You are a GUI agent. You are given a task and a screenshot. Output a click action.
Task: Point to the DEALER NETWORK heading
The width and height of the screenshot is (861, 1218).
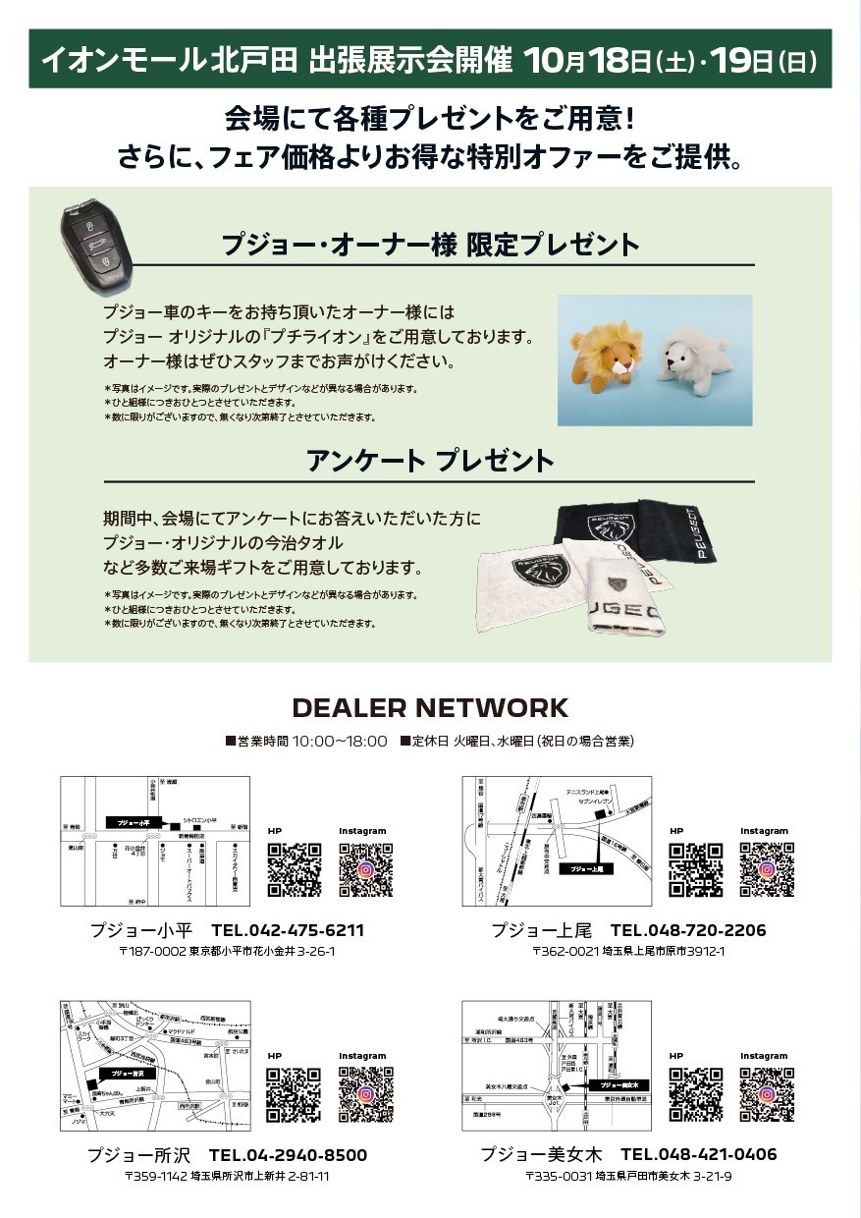430,707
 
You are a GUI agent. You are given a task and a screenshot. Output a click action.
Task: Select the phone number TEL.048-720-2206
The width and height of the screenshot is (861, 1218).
688,930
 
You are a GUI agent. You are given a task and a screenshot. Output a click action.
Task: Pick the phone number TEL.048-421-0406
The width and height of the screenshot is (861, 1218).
698,1154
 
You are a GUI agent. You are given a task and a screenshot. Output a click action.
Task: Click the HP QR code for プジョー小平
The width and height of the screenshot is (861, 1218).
295,870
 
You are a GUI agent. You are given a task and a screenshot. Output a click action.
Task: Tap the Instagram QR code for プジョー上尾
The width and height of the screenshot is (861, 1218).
766,870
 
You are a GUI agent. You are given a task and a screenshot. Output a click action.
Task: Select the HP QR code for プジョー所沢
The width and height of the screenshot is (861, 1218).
295,1094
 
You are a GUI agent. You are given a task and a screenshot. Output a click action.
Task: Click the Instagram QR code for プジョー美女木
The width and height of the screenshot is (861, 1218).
766,1094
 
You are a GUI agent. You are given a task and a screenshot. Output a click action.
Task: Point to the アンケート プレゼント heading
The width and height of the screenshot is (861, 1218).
430,461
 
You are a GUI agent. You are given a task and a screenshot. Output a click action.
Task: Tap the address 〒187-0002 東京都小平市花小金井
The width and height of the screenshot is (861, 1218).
227,952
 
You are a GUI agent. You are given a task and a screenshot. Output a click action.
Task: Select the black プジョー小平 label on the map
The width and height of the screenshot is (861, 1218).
131,822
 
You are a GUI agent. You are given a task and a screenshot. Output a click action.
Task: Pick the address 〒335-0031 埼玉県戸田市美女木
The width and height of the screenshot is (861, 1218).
628,1176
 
